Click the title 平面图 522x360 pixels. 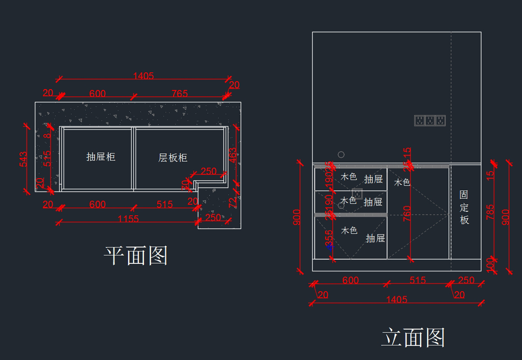[x=136, y=256]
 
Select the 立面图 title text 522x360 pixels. [x=413, y=338]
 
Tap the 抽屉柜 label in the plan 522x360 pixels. [x=101, y=157]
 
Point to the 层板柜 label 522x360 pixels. [x=173, y=158]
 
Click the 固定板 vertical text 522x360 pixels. [x=465, y=207]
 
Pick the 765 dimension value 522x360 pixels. [x=179, y=93]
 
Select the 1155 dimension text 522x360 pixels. [x=128, y=219]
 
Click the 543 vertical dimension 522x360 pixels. [x=23, y=159]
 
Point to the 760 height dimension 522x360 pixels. [x=407, y=214]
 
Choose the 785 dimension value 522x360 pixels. [x=490, y=213]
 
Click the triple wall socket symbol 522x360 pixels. [x=430, y=120]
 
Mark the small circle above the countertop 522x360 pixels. [x=341, y=154]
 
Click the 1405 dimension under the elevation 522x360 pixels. [x=397, y=299]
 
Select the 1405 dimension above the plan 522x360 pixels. [x=144, y=76]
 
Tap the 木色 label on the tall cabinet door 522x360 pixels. [x=402, y=183]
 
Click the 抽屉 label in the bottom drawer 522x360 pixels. [x=375, y=238]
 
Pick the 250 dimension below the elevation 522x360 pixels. [x=466, y=280]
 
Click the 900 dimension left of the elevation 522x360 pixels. [x=297, y=217]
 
